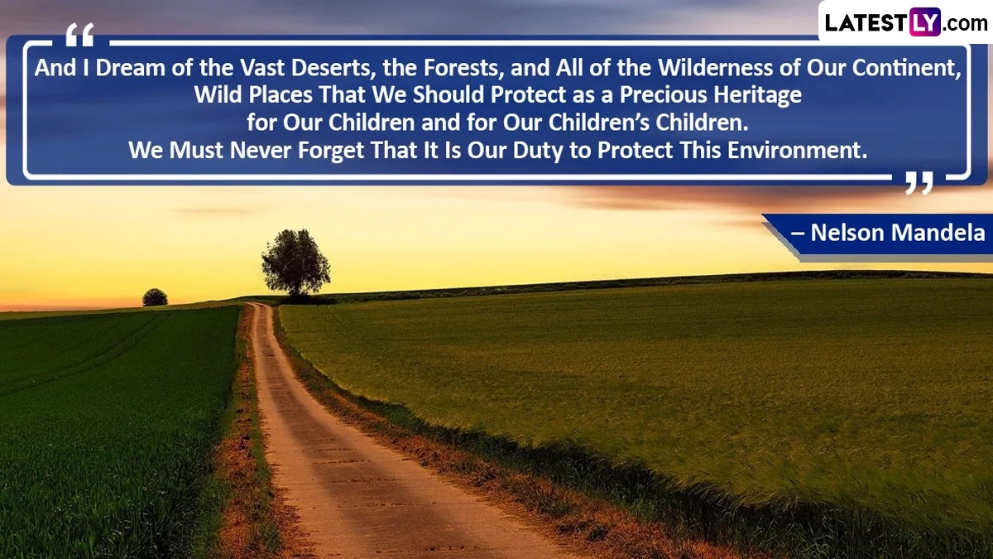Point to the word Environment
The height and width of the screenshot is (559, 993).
(x=797, y=150)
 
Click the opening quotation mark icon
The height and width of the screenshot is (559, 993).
(x=79, y=35)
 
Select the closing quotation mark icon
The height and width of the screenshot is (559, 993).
(x=919, y=183)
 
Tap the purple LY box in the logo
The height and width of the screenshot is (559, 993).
(x=925, y=22)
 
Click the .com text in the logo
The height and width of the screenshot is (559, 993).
(x=966, y=23)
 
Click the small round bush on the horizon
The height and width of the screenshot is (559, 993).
(x=155, y=297)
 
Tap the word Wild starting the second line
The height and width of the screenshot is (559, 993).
(x=218, y=95)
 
